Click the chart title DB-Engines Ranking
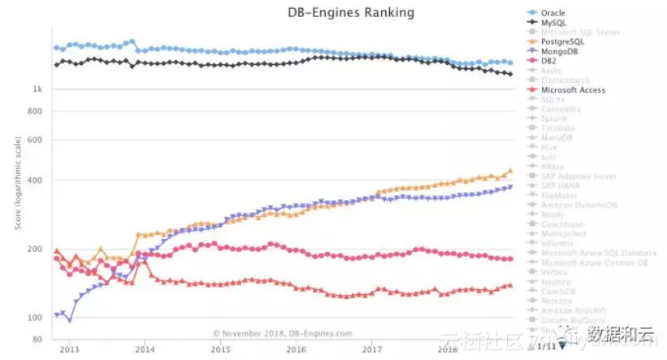pos(350,12)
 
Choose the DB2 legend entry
pos(548,61)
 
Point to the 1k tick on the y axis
pos(37,89)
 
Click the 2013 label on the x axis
pos(69,349)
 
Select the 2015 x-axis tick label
pos(220,349)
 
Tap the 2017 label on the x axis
pos(372,349)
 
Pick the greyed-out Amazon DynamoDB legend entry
pos(578,205)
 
